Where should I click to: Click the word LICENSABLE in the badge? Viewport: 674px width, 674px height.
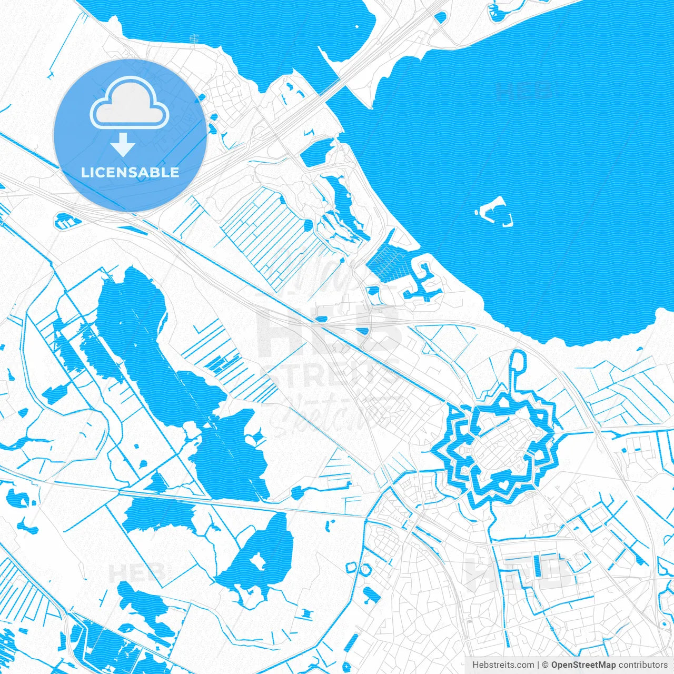pos(130,172)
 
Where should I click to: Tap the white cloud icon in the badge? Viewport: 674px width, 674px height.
pos(130,104)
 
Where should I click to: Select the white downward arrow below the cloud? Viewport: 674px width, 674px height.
pos(123,144)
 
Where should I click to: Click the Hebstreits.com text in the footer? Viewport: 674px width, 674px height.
pos(503,665)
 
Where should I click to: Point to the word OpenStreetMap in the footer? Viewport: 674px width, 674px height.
pos(583,665)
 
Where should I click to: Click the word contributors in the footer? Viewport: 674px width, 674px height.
pos(642,665)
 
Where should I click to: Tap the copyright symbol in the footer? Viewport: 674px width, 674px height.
pos(546,665)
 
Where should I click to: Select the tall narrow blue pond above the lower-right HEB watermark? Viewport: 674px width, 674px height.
pos(537,566)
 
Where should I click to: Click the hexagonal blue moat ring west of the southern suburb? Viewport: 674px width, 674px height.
pos(351,568)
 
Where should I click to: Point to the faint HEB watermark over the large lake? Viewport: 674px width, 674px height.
pos(524,91)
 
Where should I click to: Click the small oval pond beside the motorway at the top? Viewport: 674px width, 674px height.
pos(440,17)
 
